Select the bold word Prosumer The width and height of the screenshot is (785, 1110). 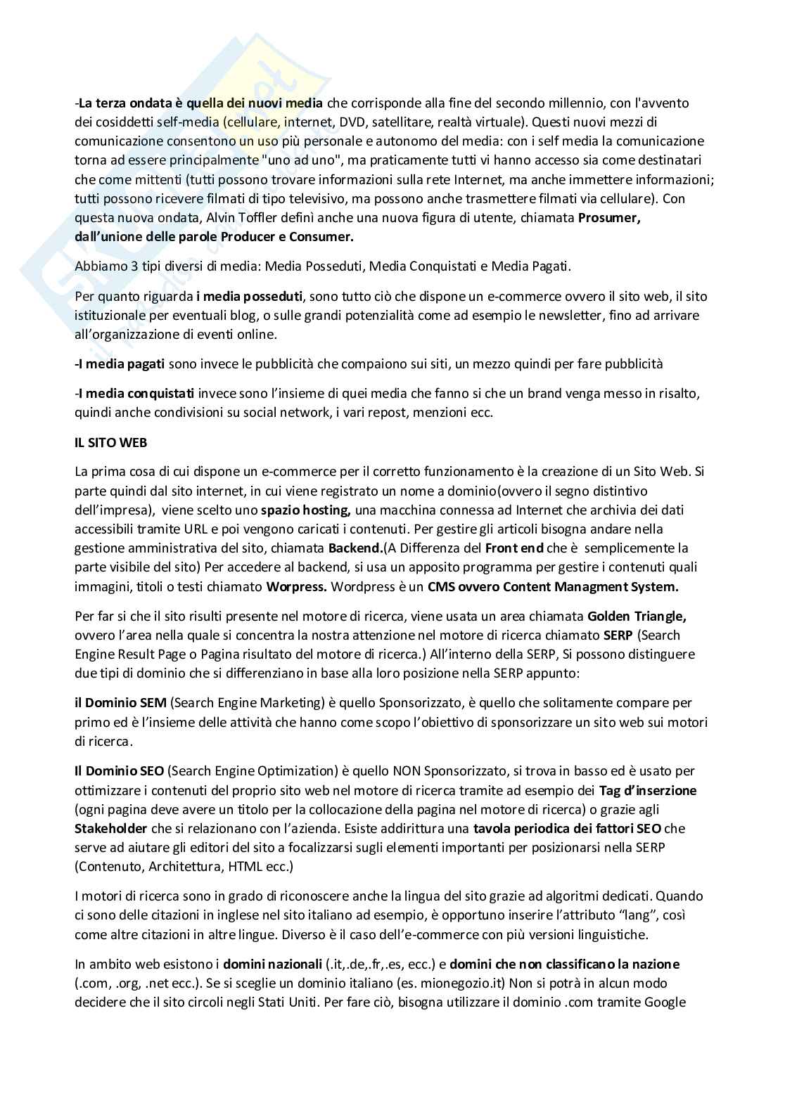609,218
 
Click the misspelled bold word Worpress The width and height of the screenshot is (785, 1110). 297,586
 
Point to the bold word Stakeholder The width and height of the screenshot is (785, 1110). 110,828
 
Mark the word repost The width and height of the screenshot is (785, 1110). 381,412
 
